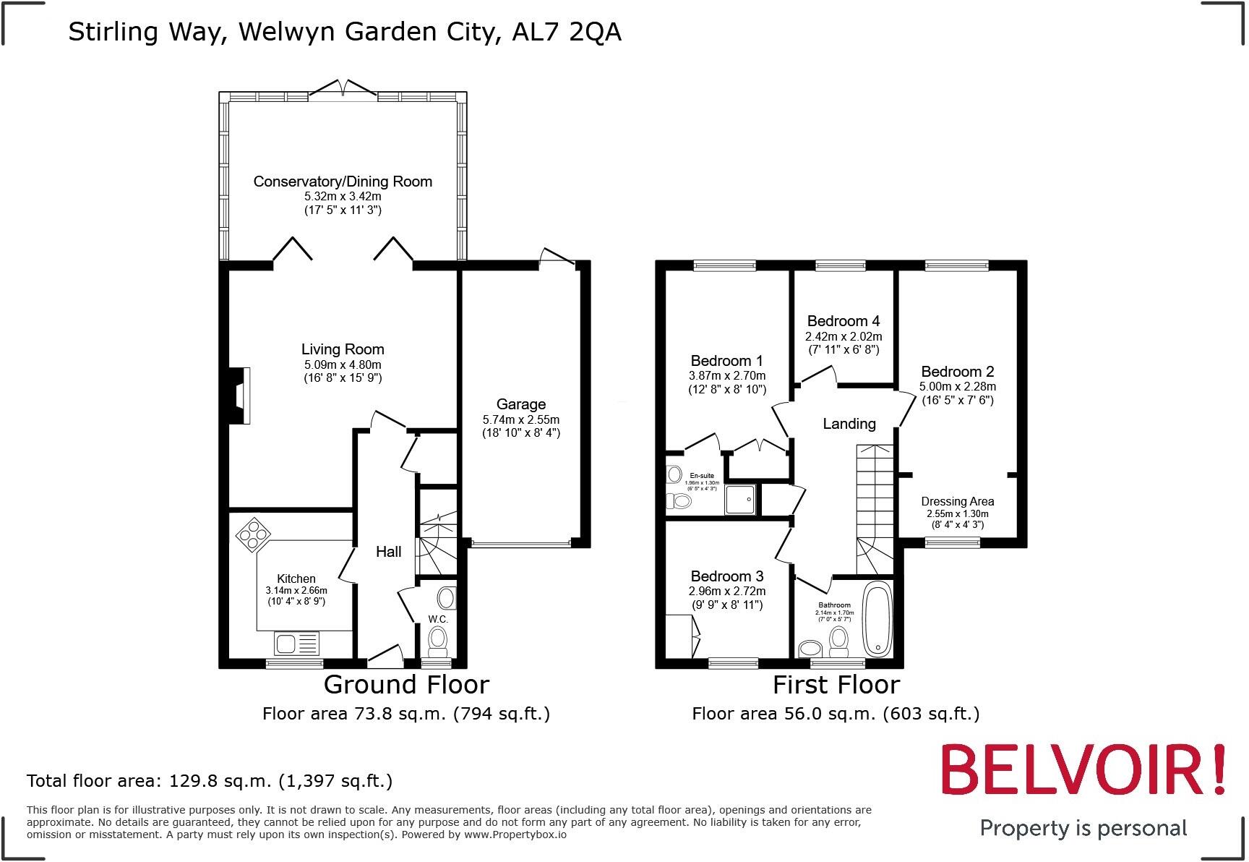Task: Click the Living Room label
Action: pos(343,349)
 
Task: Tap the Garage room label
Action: pos(520,404)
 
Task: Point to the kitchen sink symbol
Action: pos(296,643)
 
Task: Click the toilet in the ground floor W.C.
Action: pos(437,640)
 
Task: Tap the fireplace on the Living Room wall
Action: pos(239,395)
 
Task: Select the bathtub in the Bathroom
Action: pos(878,618)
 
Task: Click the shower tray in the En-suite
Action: pos(741,499)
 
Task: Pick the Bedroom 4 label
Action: pos(843,320)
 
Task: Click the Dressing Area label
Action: pos(957,501)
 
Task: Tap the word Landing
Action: pos(849,424)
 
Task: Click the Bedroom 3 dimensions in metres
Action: pos(726,591)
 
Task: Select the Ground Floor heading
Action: pos(406,684)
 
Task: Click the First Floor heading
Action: pos(836,684)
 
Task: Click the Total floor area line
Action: pos(210,781)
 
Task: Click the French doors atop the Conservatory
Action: pos(343,89)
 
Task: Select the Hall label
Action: pos(388,552)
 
